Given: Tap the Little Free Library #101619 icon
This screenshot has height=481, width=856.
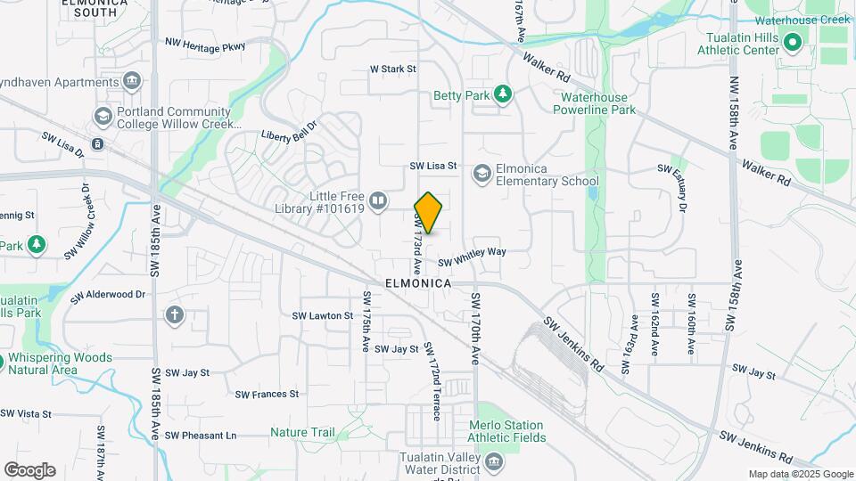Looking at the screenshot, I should coord(378,201).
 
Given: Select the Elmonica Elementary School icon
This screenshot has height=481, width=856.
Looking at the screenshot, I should coord(482,173).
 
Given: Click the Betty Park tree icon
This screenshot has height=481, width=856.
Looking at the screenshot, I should coord(503,94).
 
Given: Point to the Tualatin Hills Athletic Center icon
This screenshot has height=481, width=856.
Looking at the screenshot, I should coord(791,41).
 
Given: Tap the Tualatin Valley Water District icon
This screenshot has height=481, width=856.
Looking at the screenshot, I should coord(492,461).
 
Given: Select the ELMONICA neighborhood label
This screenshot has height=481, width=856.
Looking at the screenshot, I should coord(418,282).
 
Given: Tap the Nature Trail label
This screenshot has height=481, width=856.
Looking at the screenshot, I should coord(302,433).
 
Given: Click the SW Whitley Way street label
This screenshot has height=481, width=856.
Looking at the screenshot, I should coord(472,257).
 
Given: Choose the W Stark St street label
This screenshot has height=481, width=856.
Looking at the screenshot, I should coord(393,69).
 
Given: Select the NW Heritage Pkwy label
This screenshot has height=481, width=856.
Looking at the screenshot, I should coord(205,45).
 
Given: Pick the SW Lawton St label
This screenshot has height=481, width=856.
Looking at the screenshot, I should coord(323,315).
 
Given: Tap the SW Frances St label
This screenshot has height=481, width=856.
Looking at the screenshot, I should coord(267,394).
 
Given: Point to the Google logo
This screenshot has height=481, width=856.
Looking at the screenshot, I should coord(30,469).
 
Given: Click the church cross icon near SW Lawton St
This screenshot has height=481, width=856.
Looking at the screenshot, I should coord(174,314).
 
